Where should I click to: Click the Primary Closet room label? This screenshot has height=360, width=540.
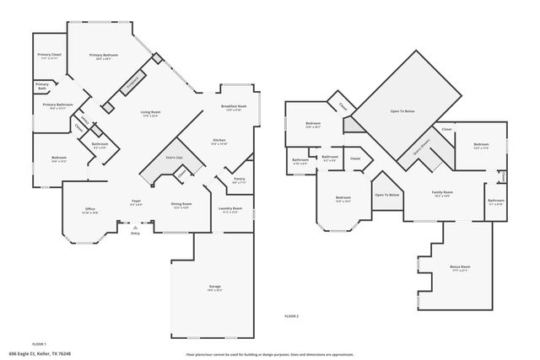pos(48,55)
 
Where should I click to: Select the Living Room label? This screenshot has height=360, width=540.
pos(150,112)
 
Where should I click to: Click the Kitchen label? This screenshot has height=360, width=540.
pos(219,140)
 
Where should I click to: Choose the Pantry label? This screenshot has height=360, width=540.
pos(239,179)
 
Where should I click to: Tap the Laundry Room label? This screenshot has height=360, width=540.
pos(230,208)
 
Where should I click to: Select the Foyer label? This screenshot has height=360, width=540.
pos(136,201)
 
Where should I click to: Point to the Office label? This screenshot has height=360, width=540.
pos(89,209)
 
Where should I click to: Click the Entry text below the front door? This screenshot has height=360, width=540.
pos(135,234)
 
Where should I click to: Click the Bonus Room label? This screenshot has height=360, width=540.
pos(460,266)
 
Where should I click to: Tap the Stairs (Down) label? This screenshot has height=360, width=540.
pos(421,148)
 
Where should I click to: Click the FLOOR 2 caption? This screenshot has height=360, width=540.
pos(291,314)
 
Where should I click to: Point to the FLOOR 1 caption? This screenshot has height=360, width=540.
pos(39,343)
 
